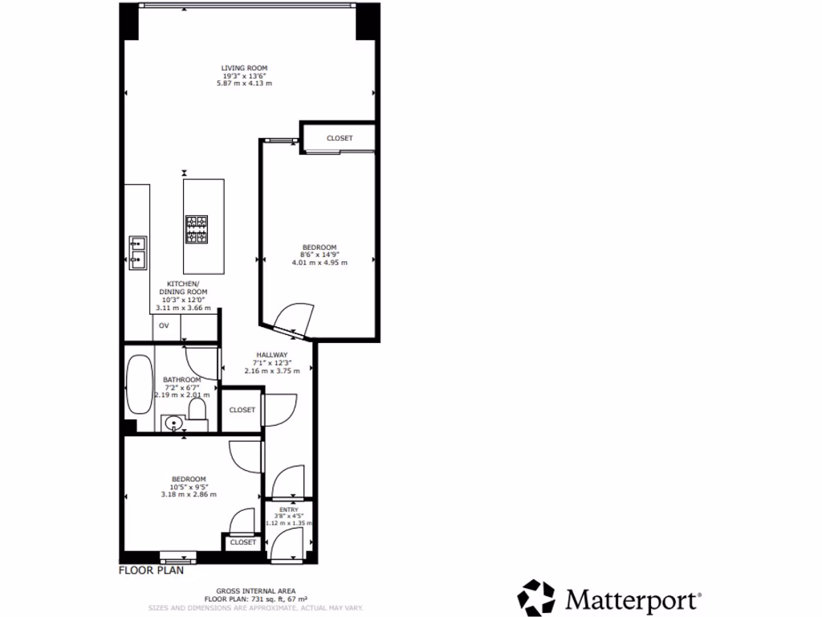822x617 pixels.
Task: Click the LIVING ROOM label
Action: pos(245,68)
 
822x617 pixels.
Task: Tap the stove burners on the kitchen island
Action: pos(197,229)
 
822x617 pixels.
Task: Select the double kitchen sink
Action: pos(137,250)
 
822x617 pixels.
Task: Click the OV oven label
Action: pos(164,325)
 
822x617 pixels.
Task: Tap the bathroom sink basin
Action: pos(173,423)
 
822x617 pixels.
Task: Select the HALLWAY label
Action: pos(272,355)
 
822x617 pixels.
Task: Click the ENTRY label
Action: pos(288,509)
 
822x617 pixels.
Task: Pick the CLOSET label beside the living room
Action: pos(340,138)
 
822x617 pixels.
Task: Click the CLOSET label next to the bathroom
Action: pos(242,410)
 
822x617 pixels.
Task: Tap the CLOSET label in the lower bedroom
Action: pos(242,542)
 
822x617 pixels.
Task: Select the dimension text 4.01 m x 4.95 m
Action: pos(319,263)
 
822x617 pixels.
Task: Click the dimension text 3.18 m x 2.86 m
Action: pos(189,494)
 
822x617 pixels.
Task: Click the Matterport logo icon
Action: pos(535,598)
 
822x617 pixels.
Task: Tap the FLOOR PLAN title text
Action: pos(152,571)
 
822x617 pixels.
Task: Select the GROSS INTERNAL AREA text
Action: pos(255,590)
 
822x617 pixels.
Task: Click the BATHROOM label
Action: pos(182,379)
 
